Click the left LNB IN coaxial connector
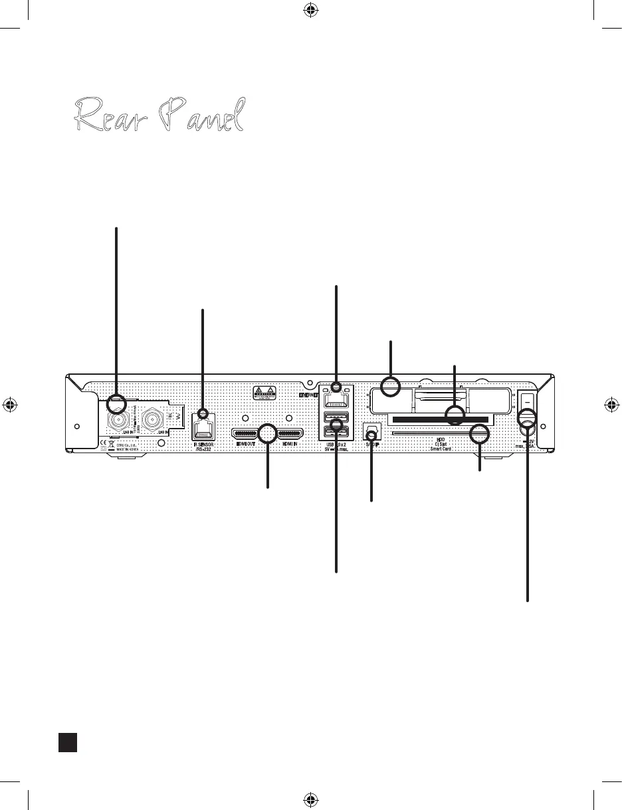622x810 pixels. pyautogui.click(x=117, y=421)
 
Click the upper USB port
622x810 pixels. pyautogui.click(x=336, y=419)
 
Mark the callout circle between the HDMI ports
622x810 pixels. pyautogui.click(x=267, y=434)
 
